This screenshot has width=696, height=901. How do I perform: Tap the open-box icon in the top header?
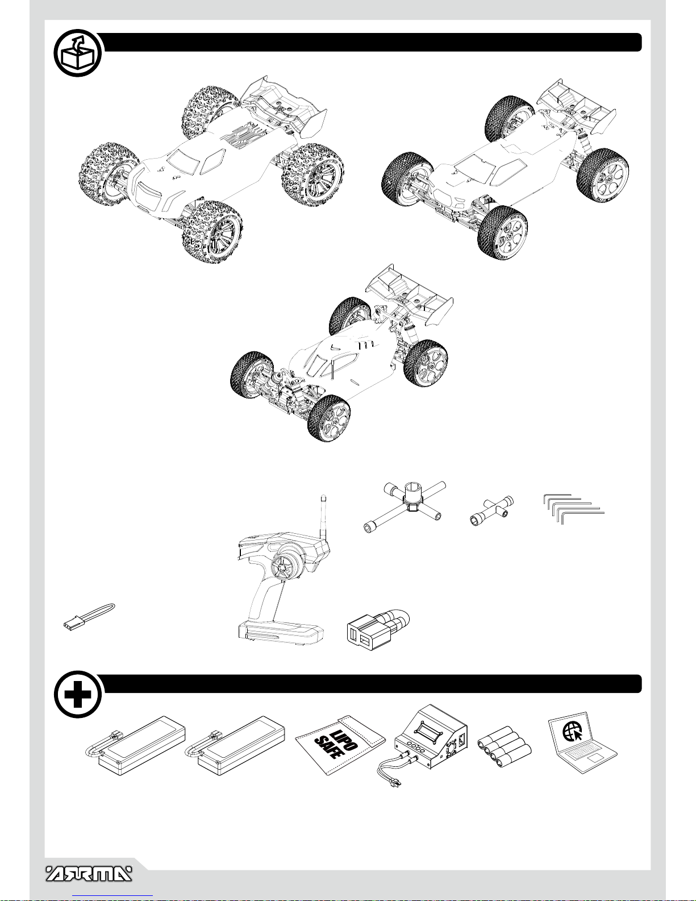[x=78, y=53]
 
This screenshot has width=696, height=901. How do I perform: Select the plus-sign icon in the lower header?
[x=78, y=695]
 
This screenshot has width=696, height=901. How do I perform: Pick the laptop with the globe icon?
[x=582, y=742]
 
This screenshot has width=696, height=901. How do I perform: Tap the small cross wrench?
[x=492, y=511]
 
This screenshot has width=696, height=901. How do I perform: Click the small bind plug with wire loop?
[x=89, y=617]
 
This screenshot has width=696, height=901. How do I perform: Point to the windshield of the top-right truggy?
[x=475, y=168]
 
